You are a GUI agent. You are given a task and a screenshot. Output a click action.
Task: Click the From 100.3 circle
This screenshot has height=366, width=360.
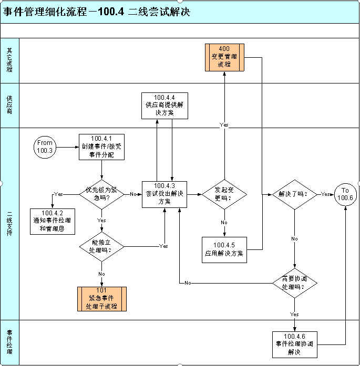click(x=45, y=147)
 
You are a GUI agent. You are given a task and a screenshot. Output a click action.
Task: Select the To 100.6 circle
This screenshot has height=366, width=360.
click(x=345, y=194)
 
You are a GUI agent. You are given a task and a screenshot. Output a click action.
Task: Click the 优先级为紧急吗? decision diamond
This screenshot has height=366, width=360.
click(x=102, y=194)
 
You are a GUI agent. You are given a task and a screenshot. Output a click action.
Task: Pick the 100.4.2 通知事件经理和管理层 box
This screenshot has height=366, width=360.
click(x=53, y=221)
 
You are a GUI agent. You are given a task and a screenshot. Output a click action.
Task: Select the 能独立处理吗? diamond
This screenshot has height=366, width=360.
click(x=102, y=246)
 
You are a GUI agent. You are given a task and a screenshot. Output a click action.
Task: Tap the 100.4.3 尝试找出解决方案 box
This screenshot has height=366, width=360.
click(x=166, y=194)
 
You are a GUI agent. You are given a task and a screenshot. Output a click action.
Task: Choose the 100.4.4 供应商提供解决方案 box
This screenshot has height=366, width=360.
click(x=164, y=104)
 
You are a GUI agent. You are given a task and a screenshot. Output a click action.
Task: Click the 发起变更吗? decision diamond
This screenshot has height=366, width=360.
click(x=224, y=194)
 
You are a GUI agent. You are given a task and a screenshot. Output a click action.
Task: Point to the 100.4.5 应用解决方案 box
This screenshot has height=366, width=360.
click(x=224, y=249)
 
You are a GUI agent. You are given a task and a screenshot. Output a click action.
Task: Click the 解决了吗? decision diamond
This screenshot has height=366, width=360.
click(x=294, y=194)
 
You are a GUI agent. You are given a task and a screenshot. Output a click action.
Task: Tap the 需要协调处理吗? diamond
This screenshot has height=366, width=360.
click(x=294, y=284)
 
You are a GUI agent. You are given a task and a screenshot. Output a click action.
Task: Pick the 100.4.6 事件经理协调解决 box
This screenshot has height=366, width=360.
click(x=294, y=344)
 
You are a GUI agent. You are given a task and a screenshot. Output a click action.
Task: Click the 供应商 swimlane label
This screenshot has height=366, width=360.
click(x=9, y=105)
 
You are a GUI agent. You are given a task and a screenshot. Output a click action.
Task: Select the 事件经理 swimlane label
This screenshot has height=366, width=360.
click(x=9, y=342)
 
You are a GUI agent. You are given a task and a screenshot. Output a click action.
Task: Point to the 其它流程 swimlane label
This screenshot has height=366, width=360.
click(x=9, y=60)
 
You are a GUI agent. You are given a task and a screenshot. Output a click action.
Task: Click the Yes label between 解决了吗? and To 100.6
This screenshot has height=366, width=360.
click(x=326, y=194)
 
